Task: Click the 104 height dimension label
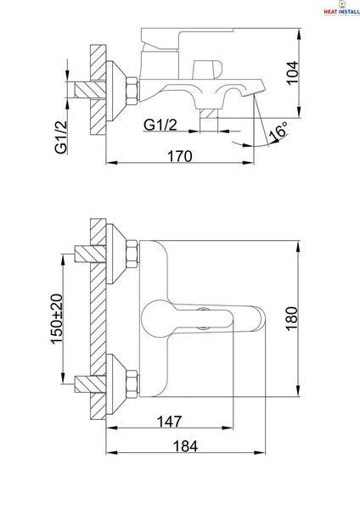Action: tap(293, 73)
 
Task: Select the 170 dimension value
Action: tap(180, 156)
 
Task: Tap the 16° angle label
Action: tap(278, 131)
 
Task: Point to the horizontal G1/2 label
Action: tap(160, 125)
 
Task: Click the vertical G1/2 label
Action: tap(61, 137)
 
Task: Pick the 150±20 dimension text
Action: tap(56, 319)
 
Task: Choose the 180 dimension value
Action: tap(292, 318)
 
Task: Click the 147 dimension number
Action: tap(169, 422)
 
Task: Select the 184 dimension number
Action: tap(185, 446)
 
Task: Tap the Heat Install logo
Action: tap(341, 8)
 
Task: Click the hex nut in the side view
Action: tap(132, 91)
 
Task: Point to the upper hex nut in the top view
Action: tap(132, 254)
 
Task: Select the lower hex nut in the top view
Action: tap(132, 384)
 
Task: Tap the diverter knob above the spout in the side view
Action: tap(207, 70)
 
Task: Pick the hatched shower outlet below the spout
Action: tap(208, 114)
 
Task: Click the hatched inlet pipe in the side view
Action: tap(90, 90)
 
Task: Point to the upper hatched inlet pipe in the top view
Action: tap(90, 254)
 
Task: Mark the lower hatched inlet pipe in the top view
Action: tap(90, 384)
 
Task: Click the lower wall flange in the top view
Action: tap(116, 384)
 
